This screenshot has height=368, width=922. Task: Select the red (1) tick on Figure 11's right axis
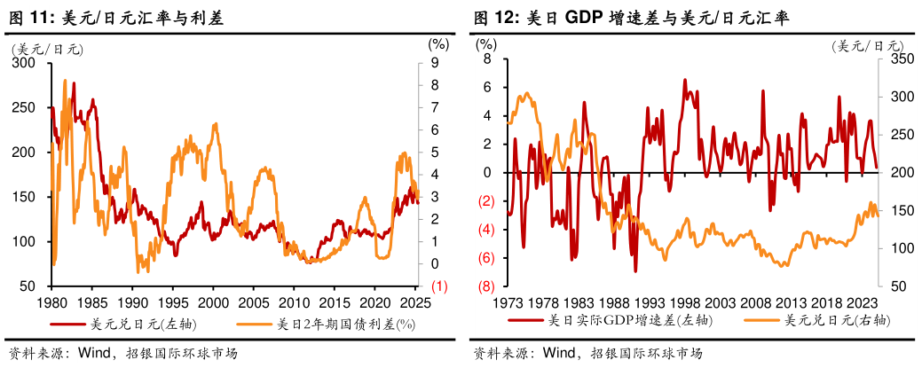coord(438,286)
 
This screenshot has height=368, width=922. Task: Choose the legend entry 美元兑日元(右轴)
coord(831,320)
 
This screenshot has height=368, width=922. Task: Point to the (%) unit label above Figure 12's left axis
coord(485,43)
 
